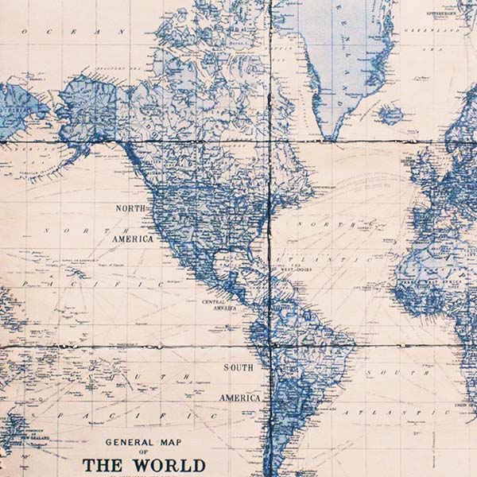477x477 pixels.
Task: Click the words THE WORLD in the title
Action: click(144, 465)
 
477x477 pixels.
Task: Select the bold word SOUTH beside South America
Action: click(238, 367)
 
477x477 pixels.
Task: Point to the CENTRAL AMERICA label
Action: click(220, 305)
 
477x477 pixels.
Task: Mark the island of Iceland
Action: click(390, 116)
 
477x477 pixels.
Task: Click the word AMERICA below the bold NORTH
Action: click(132, 238)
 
